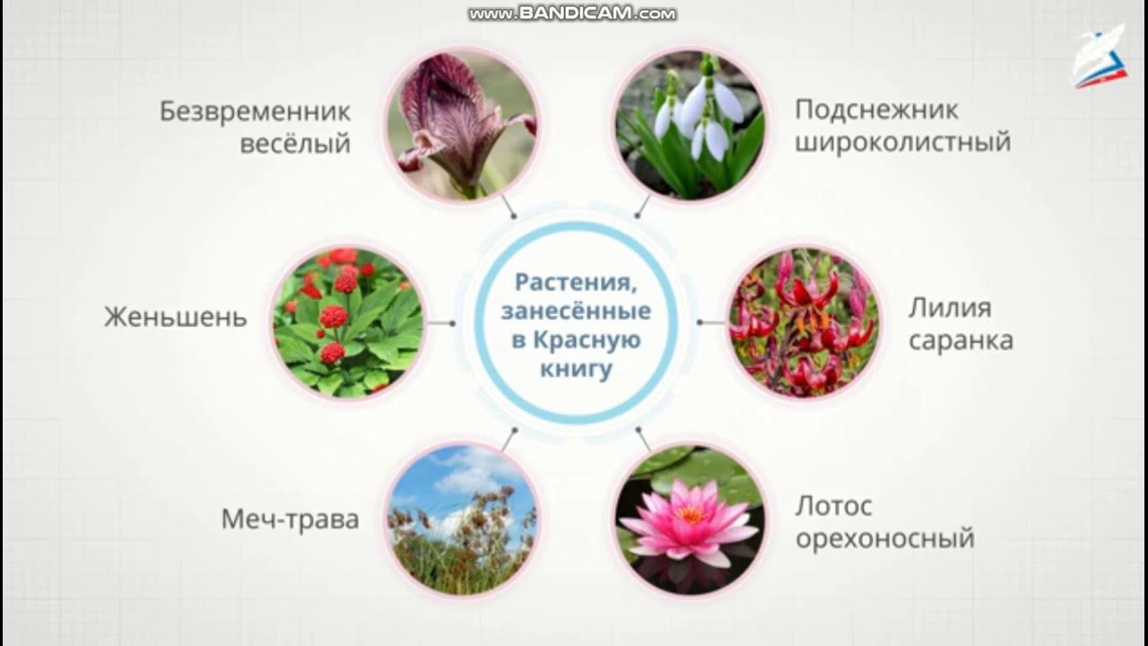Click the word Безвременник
(x=255, y=112)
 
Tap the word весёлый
(x=295, y=144)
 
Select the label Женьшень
(x=175, y=318)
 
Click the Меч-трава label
(x=290, y=519)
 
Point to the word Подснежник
(x=876, y=110)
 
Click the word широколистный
(x=902, y=142)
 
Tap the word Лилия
(x=950, y=309)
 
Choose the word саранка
(x=961, y=341)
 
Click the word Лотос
(x=833, y=507)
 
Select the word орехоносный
(x=884, y=539)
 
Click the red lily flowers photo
(x=801, y=322)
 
